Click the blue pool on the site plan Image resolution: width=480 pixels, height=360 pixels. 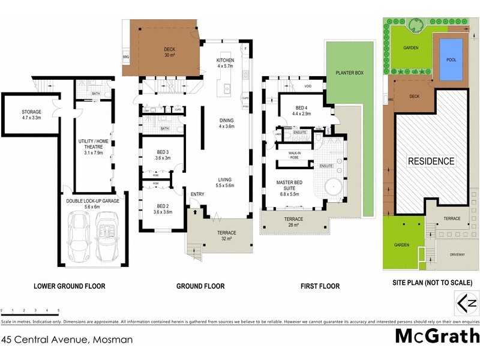coord(451,60)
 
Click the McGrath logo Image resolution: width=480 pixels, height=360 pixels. coord(437,336)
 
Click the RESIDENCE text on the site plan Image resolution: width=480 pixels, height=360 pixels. coord(431,161)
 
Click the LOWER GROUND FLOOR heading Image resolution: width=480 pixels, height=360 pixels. coord(71,286)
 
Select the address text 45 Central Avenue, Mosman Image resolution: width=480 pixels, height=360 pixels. coord(67,339)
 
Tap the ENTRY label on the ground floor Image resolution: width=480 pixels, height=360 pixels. coord(197,194)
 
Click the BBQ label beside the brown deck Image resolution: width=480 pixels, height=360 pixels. coord(126,58)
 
